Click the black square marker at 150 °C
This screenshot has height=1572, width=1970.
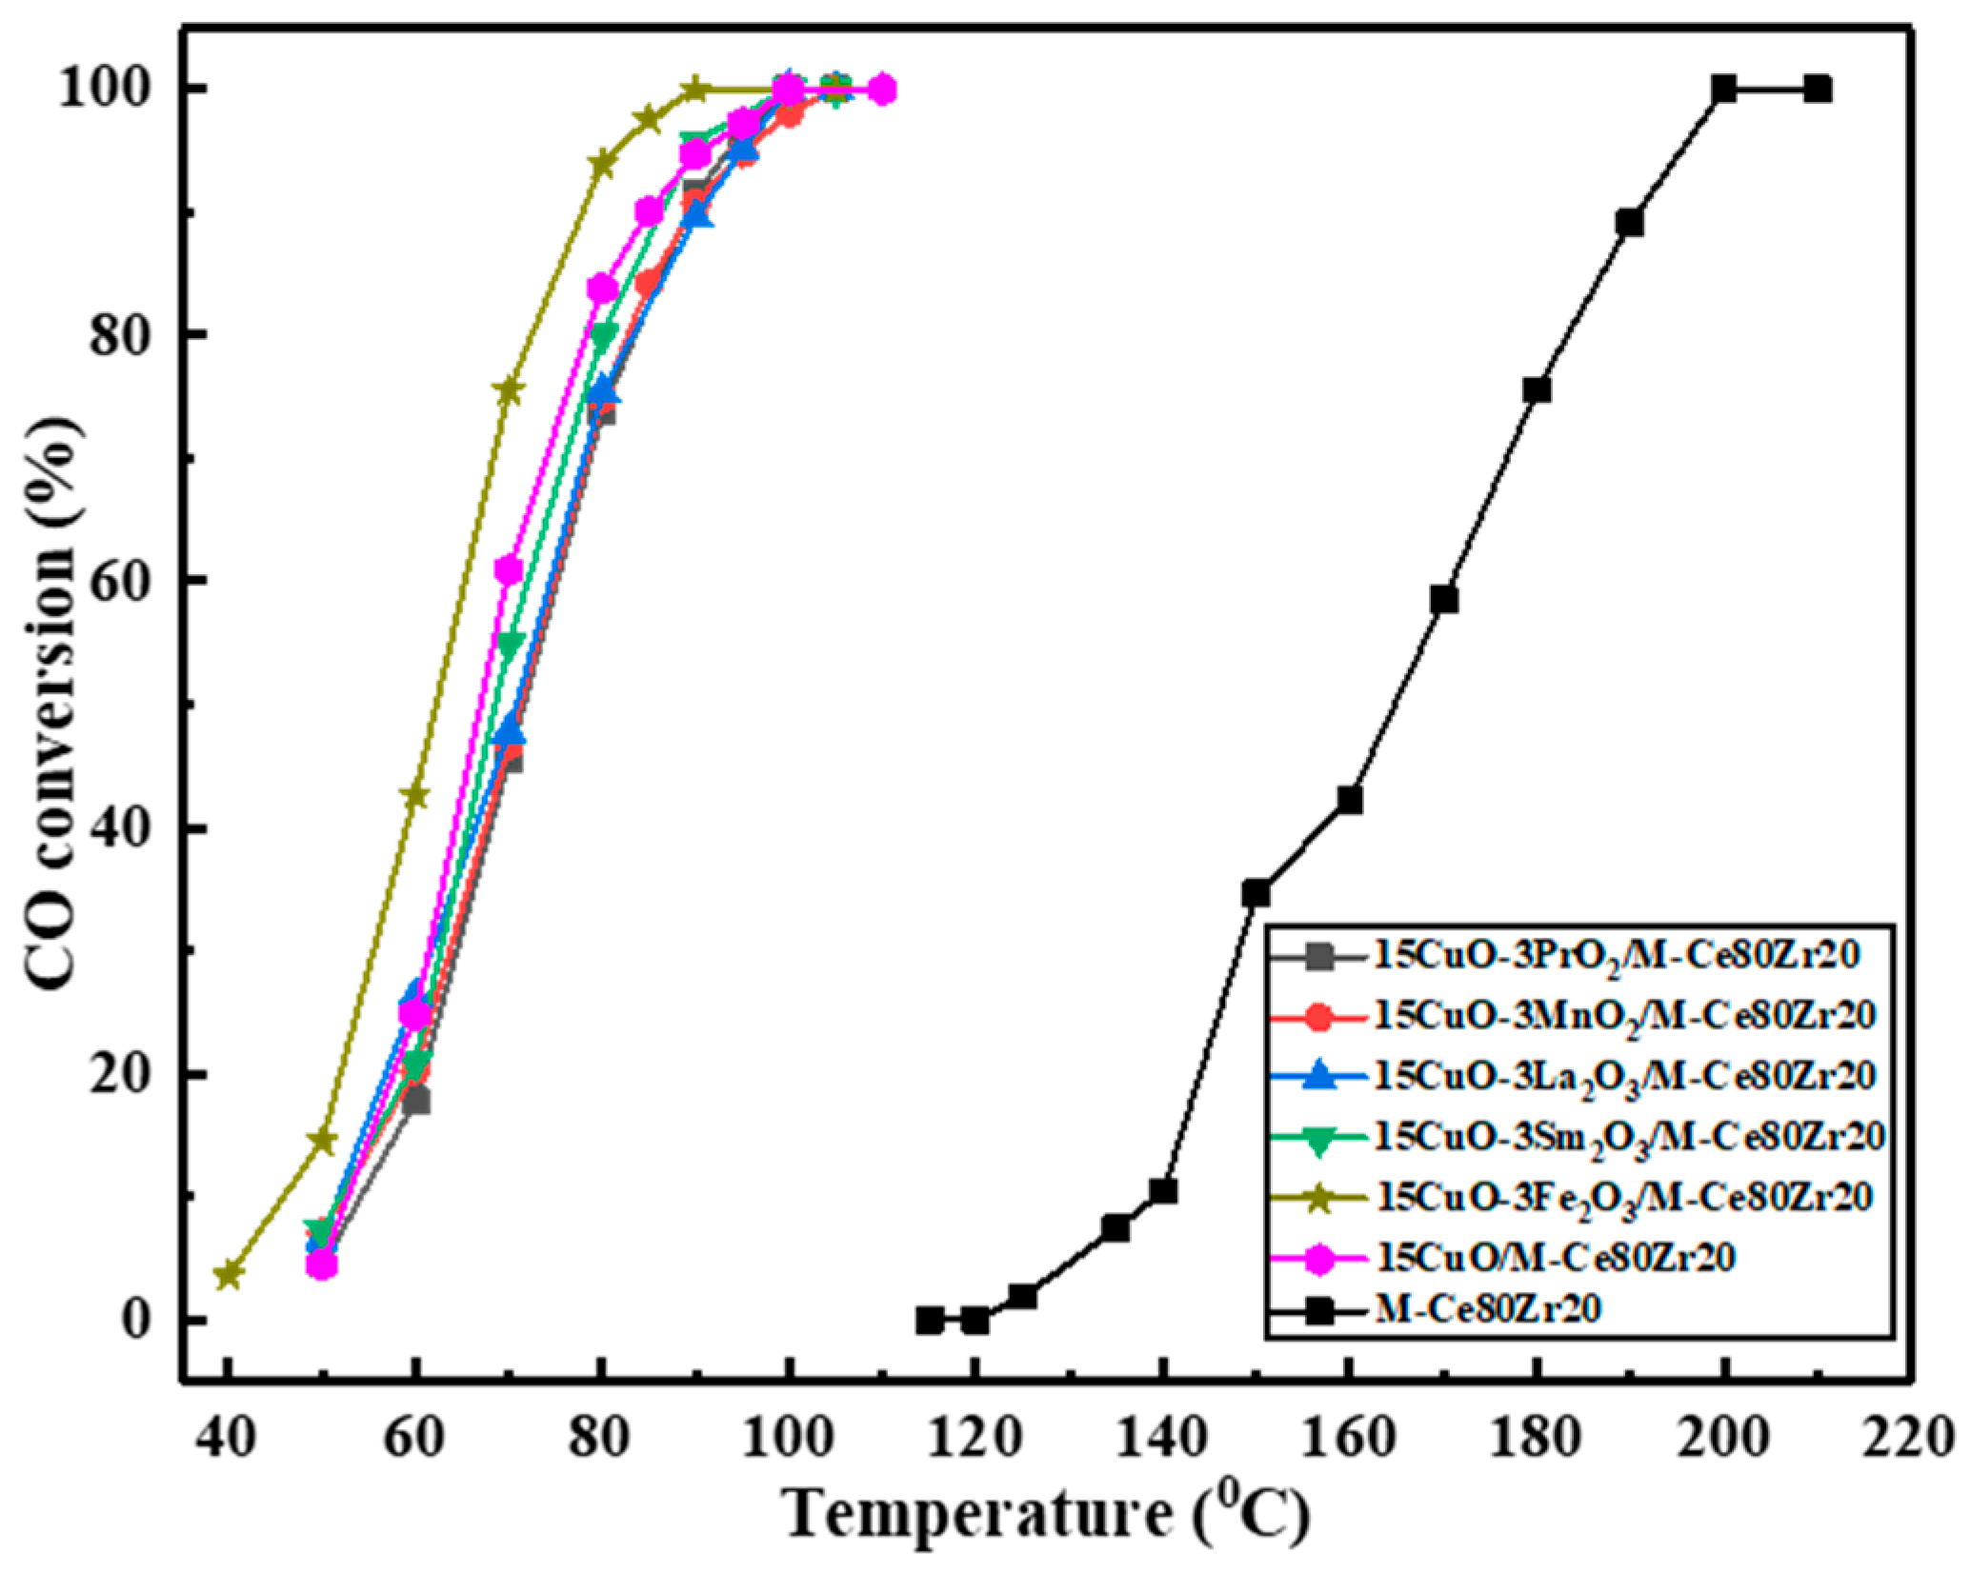point(1256,893)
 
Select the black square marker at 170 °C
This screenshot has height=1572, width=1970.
point(1443,599)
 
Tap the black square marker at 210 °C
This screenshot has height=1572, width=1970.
point(1818,90)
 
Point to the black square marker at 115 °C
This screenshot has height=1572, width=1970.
point(929,1321)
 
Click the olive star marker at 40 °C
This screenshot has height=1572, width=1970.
point(228,1274)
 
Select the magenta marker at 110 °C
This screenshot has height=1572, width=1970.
point(882,90)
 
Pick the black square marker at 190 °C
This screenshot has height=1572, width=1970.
point(1630,223)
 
